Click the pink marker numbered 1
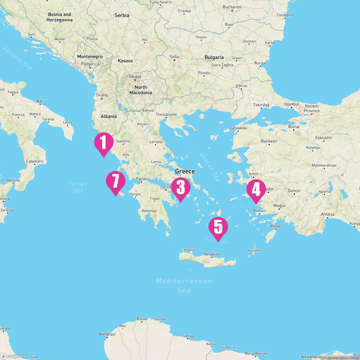(x=103, y=142)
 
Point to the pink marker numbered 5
(x=218, y=227)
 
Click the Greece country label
(x=185, y=171)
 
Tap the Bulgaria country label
(x=214, y=57)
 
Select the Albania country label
(x=109, y=116)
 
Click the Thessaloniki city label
(x=166, y=115)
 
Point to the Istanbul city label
(x=292, y=104)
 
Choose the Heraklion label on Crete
(x=212, y=254)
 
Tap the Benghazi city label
(x=107, y=334)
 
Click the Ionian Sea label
(x=78, y=187)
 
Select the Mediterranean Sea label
(x=184, y=285)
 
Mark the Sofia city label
(x=174, y=57)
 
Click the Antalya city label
(x=327, y=214)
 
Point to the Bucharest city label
(x=232, y=7)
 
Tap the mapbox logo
(x=13, y=356)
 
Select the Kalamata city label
(x=149, y=211)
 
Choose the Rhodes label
(x=276, y=226)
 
